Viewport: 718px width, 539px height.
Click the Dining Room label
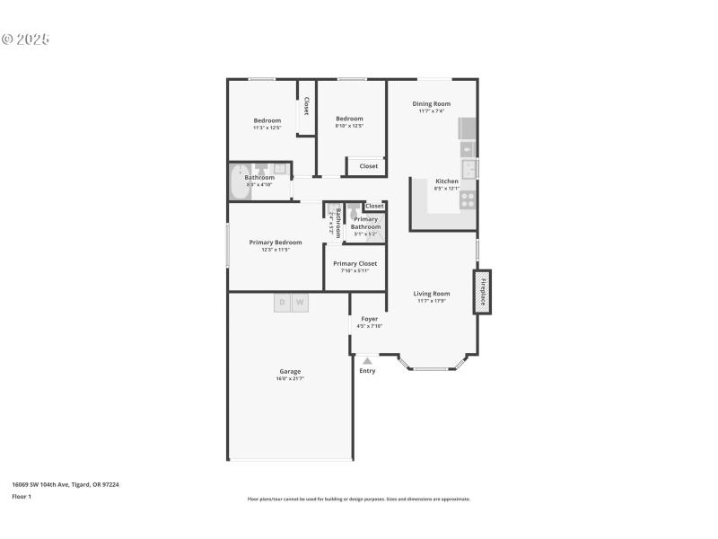(431, 104)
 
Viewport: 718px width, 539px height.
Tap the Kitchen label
(446, 181)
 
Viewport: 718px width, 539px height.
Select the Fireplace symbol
(483, 292)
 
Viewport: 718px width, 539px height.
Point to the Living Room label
(431, 294)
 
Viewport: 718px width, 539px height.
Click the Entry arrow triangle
(367, 360)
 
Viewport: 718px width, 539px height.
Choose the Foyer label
(369, 319)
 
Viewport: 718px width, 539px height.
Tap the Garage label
(289, 371)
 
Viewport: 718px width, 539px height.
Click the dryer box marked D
(282, 303)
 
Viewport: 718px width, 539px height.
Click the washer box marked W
(300, 303)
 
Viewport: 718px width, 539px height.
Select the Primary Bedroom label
(276, 243)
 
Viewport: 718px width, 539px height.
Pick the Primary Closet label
(355, 263)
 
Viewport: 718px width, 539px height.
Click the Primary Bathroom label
(365, 223)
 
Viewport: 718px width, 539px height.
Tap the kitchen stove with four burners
(468, 200)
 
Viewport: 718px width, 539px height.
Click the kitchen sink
(468, 169)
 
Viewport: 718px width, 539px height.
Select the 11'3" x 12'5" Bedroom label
(267, 121)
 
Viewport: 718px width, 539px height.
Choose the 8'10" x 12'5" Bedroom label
(349, 119)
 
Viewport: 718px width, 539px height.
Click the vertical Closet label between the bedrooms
(306, 106)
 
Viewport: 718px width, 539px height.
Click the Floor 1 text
(21, 496)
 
